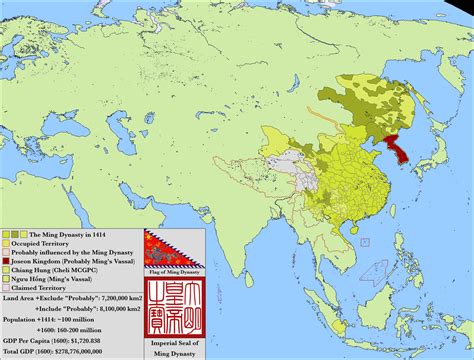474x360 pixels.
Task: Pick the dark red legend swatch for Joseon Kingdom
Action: click(x=6, y=258)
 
